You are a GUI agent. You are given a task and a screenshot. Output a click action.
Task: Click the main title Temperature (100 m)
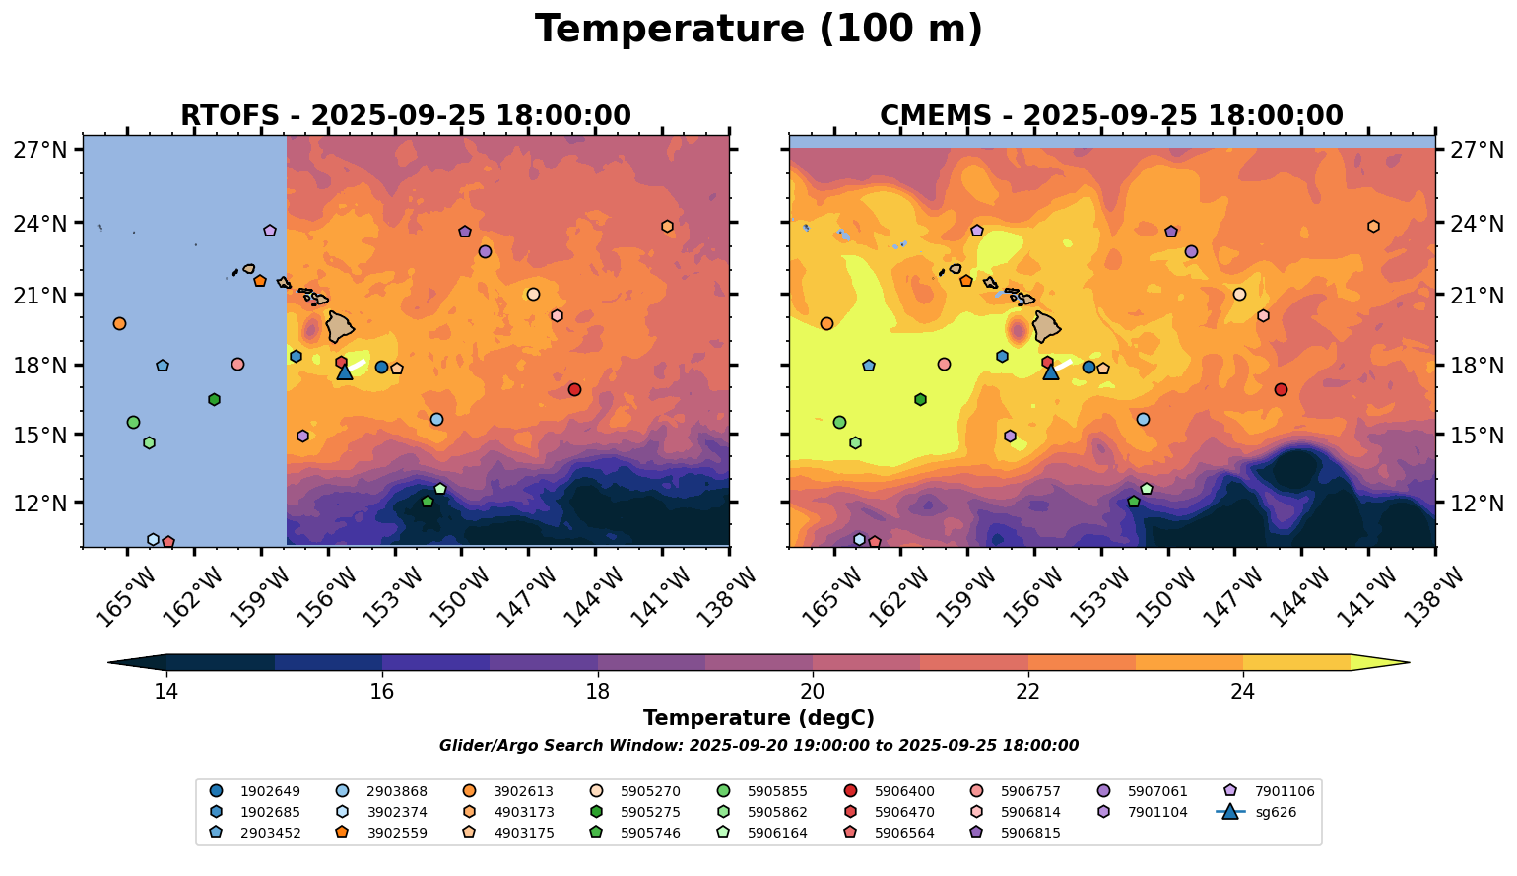758,30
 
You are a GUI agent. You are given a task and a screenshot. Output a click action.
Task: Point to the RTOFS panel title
406,116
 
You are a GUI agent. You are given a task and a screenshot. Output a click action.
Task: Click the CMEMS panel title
1111,116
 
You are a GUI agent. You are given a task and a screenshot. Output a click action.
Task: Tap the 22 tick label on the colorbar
1027,691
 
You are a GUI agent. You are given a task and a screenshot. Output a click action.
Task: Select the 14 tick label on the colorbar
166,691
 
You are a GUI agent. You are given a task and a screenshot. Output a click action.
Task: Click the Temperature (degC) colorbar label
758,718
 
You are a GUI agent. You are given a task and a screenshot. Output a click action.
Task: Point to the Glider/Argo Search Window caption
758,746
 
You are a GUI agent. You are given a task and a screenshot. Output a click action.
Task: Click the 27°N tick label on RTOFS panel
40,150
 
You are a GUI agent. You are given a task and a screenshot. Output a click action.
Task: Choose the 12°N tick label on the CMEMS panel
1478,504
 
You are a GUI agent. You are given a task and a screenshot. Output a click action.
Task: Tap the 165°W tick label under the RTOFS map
127,594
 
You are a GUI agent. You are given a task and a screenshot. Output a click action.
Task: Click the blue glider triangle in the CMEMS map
1050,371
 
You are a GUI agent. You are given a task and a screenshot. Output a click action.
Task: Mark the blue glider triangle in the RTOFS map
345,371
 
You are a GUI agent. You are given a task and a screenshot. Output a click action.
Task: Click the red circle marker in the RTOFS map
574,390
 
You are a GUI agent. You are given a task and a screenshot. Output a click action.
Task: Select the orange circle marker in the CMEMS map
826,323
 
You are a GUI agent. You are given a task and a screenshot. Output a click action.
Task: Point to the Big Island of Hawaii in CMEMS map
1046,326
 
